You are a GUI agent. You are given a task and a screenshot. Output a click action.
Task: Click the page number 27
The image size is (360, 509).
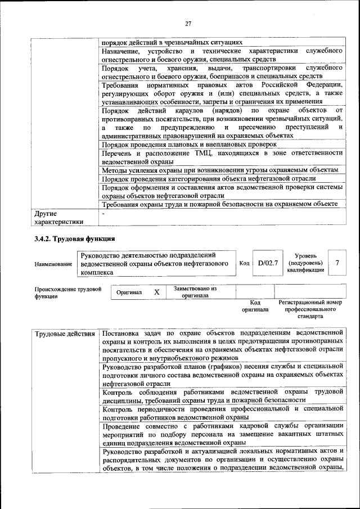[188, 23]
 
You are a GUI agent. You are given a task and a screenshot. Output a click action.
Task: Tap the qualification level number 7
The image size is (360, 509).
[337, 263]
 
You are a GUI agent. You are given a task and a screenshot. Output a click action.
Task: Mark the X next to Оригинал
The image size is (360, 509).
[157, 292]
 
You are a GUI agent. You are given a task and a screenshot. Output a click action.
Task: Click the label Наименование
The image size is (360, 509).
[53, 264]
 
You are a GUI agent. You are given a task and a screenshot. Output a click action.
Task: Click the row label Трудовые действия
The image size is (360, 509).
[65, 334]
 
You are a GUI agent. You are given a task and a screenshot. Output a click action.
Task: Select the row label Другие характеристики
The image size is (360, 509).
[59, 218]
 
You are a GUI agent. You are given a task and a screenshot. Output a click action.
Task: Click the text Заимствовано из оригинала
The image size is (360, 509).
[195, 292]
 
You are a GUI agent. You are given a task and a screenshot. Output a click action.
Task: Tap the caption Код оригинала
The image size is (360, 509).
[255, 306]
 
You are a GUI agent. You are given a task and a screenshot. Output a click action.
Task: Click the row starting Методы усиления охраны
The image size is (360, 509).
[220, 170]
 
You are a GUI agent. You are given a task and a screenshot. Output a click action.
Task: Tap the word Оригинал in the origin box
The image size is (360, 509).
[129, 293]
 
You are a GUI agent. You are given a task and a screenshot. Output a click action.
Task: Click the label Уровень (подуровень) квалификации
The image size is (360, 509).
[305, 263]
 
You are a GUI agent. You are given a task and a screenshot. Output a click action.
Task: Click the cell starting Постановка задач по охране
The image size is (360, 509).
[222, 345]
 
